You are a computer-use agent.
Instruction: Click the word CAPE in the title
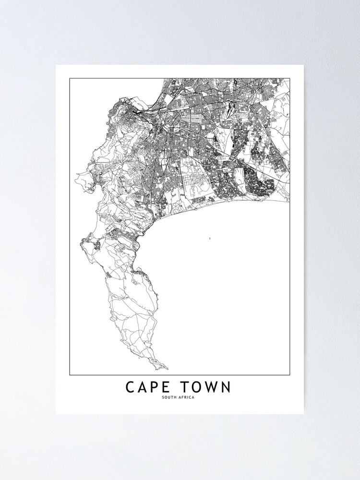[147, 387]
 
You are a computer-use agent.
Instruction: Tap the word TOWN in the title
[204, 387]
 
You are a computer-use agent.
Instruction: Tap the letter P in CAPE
[154, 387]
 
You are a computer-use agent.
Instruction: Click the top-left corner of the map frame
[70, 78]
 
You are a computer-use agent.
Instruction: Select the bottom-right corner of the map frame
[290, 375]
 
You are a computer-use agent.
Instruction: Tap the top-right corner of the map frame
[290, 78]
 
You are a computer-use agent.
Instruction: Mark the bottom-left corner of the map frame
[70, 375]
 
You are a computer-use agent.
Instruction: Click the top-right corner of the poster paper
[304, 65]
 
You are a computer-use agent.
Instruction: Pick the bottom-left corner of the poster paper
[56, 414]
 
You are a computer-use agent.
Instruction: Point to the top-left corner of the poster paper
[56, 65]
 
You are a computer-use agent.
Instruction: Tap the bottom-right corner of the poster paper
[304, 414]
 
